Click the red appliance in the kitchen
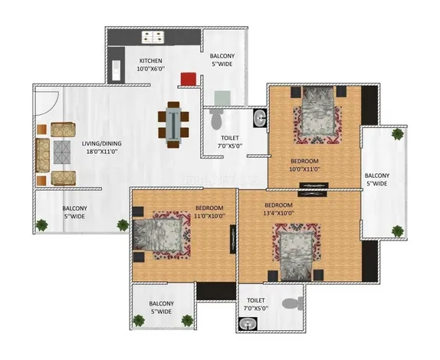pyautogui.click(x=188, y=79)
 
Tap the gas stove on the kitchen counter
pyautogui.click(x=153, y=38)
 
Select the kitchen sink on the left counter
pyautogui.click(x=117, y=70)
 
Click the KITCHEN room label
pyautogui.click(x=151, y=61)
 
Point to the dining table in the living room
pyautogui.click(x=173, y=125)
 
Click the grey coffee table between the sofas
pyautogui.click(x=62, y=152)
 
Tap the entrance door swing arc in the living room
pyautogui.click(x=48, y=103)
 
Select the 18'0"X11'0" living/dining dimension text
pyautogui.click(x=101, y=152)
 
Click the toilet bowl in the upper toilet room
pyautogui.click(x=216, y=119)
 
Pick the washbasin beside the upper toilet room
pyautogui.click(x=260, y=118)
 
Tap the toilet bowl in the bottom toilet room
pyautogui.click(x=292, y=303)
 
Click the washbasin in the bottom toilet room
pyautogui.click(x=248, y=324)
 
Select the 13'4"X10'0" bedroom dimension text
pyautogui.click(x=279, y=213)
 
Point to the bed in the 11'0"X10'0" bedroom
pyautogui.click(x=158, y=234)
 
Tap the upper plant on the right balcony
pyautogui.click(x=398, y=134)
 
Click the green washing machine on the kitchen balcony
pyautogui.click(x=222, y=98)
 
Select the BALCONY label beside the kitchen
pyautogui.click(x=222, y=56)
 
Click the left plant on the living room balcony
pyautogui.click(x=42, y=225)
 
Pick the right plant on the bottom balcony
pyautogui.click(x=187, y=321)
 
